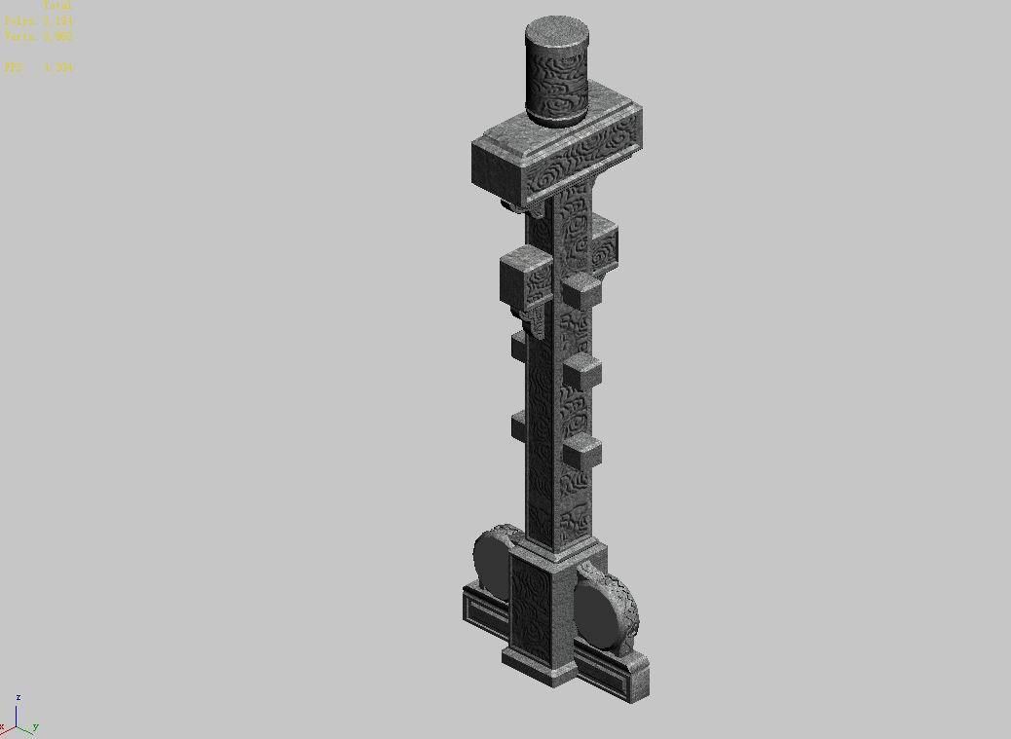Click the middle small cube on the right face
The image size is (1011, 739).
pos(583,372)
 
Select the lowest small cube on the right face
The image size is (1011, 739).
pos(583,452)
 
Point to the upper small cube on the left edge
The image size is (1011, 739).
pos(517,346)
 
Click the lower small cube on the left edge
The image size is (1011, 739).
pos(517,425)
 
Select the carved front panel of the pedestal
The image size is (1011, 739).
pos(530,610)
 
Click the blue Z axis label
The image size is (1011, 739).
pos(19,698)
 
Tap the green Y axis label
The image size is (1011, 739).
pos(35,726)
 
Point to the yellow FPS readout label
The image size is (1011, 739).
pos(14,67)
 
